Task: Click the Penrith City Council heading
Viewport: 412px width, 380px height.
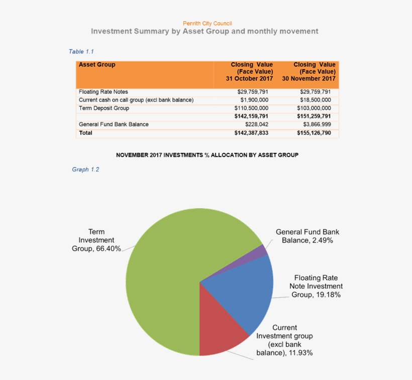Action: coord(207,23)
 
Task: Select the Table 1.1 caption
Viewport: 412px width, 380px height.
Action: coord(81,52)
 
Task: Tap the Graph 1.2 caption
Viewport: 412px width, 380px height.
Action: coord(85,169)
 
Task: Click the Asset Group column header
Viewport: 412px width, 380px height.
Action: coord(97,65)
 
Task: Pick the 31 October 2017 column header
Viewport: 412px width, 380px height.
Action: coord(250,72)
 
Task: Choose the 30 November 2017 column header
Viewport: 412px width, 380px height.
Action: coord(309,72)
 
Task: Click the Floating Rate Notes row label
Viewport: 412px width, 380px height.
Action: coord(104,92)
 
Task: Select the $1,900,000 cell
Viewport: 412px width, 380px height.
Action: coord(254,100)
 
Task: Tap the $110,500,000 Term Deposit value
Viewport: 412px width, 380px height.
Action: coord(251,108)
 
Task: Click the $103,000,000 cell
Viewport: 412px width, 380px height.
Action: coord(315,108)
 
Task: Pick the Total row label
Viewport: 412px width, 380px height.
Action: coord(85,133)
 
